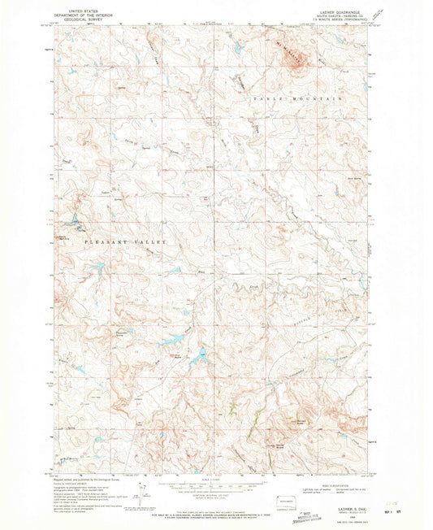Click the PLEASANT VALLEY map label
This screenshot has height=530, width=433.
click(x=126, y=242)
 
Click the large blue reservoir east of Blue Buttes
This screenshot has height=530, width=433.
click(x=197, y=355)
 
